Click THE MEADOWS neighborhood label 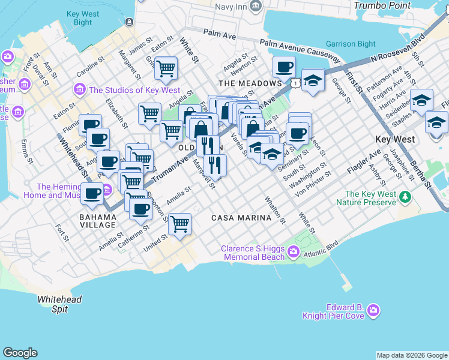250,83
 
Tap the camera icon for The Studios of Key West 79,90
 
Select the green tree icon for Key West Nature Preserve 406,197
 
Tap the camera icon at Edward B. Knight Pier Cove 374,310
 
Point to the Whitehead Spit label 59,304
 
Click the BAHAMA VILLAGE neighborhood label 97,220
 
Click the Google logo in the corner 20,353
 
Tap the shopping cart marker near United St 180,224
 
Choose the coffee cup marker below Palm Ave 284,67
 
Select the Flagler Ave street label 364,163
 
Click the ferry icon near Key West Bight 129,22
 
